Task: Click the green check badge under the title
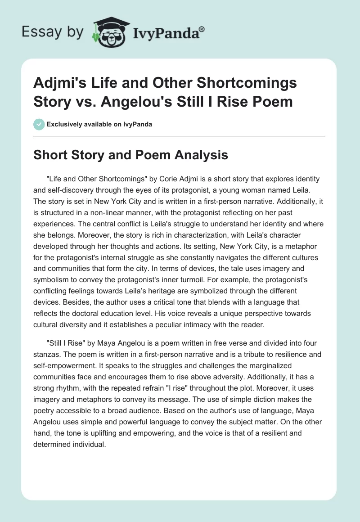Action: point(39,125)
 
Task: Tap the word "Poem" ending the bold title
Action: point(273,102)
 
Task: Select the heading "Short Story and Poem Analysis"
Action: point(131,155)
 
